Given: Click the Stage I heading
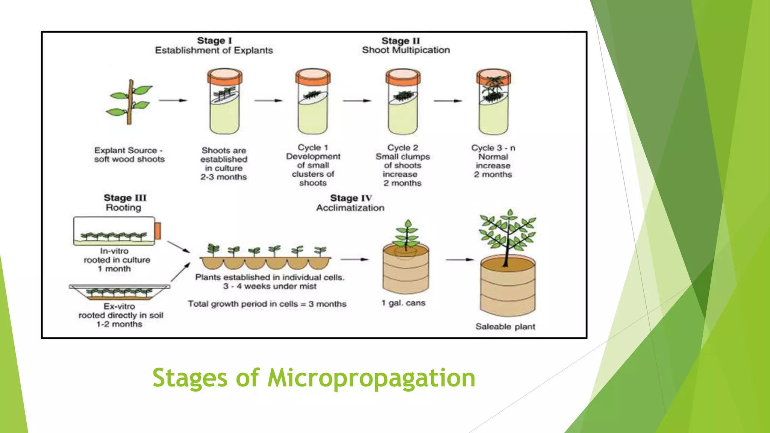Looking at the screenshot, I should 214,41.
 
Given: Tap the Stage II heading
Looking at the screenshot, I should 400,41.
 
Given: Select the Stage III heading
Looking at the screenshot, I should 125,198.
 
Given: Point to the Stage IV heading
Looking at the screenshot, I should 351,198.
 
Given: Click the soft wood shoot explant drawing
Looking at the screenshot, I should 130,102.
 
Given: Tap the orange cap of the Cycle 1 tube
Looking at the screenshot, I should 312,77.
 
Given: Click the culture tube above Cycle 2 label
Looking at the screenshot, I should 403,102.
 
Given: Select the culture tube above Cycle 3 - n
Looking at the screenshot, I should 493,102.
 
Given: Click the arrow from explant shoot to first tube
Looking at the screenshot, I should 173,100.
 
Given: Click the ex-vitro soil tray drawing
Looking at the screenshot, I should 119,292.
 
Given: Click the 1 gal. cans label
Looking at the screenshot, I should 403,303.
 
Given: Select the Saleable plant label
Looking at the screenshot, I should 505,327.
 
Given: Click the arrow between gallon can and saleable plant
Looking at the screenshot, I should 459,259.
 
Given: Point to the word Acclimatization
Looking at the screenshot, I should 350,208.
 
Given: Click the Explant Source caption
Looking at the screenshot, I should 129,154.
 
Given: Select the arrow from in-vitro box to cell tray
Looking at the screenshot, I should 179,247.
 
